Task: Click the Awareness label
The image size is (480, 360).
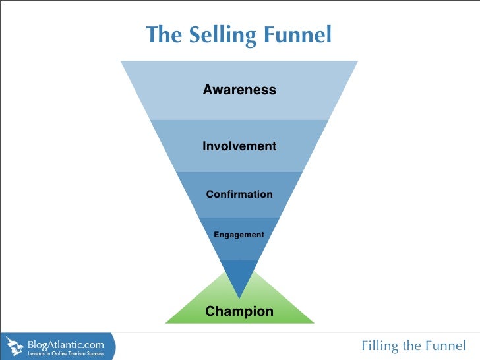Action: [x=239, y=90]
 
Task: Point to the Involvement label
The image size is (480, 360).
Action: [x=239, y=146]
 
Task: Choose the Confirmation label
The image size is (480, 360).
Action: [x=239, y=195]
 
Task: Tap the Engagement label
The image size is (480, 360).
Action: [x=239, y=235]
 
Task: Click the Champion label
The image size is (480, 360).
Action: [x=239, y=311]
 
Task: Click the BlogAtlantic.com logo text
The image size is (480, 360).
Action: [x=65, y=344]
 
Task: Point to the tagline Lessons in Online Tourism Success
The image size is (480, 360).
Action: [x=65, y=354]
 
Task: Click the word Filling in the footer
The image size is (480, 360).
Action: [x=380, y=346]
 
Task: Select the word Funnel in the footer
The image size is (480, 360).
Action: [x=445, y=346]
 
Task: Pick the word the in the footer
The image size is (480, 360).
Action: [x=411, y=346]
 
